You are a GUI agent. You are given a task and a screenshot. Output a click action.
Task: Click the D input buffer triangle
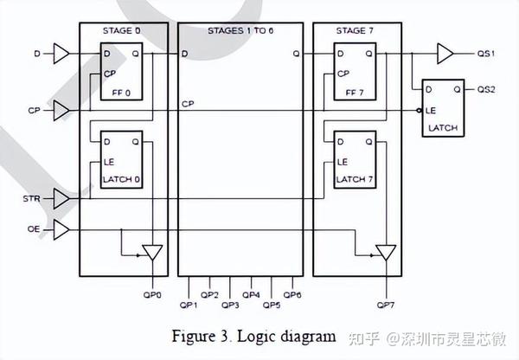pos(61,55)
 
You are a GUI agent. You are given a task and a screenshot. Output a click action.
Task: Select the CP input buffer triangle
pos(61,110)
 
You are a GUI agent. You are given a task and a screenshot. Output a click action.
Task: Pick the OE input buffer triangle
pos(61,229)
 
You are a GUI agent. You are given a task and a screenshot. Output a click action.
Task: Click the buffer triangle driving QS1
pos(445,55)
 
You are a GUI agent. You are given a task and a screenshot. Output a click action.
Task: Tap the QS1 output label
pos(486,55)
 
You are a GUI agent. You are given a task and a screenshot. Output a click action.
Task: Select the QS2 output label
pos(486,89)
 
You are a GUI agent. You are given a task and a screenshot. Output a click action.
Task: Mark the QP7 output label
pos(387,305)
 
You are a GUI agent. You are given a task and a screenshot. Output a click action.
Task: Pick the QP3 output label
pos(230,305)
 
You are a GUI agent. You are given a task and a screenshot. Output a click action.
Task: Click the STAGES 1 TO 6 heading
pos(240,31)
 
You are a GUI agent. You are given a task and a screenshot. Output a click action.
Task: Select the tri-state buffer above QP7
pos(387,253)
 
